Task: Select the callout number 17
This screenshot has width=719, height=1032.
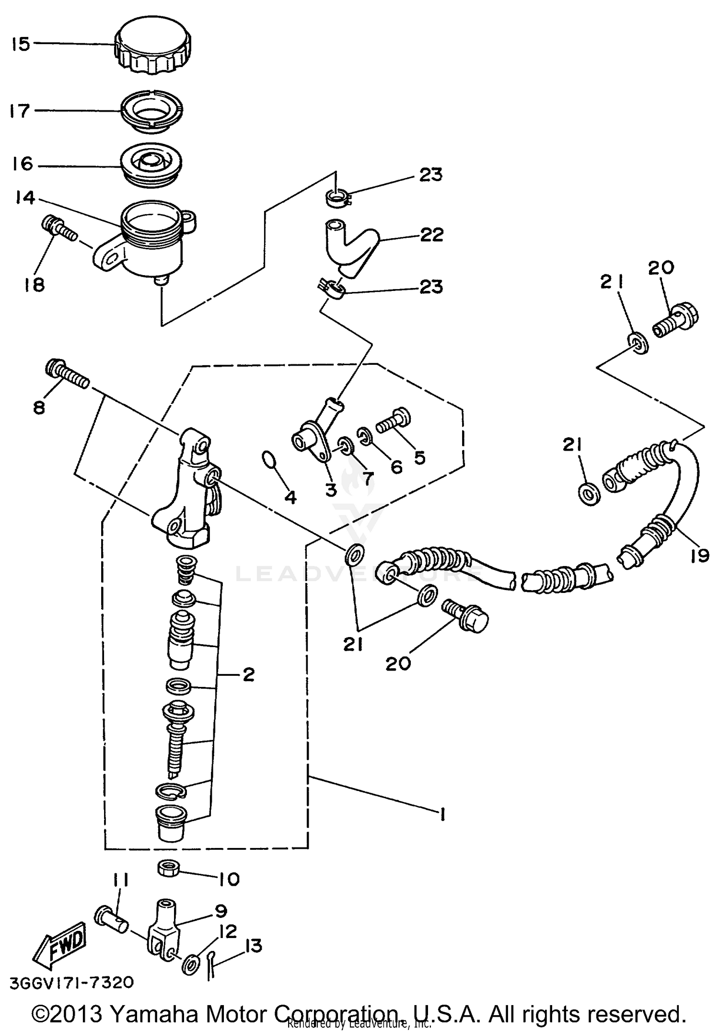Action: [x=20, y=111]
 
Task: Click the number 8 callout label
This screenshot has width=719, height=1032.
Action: [x=39, y=407]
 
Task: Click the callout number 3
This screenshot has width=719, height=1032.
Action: [x=331, y=489]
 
